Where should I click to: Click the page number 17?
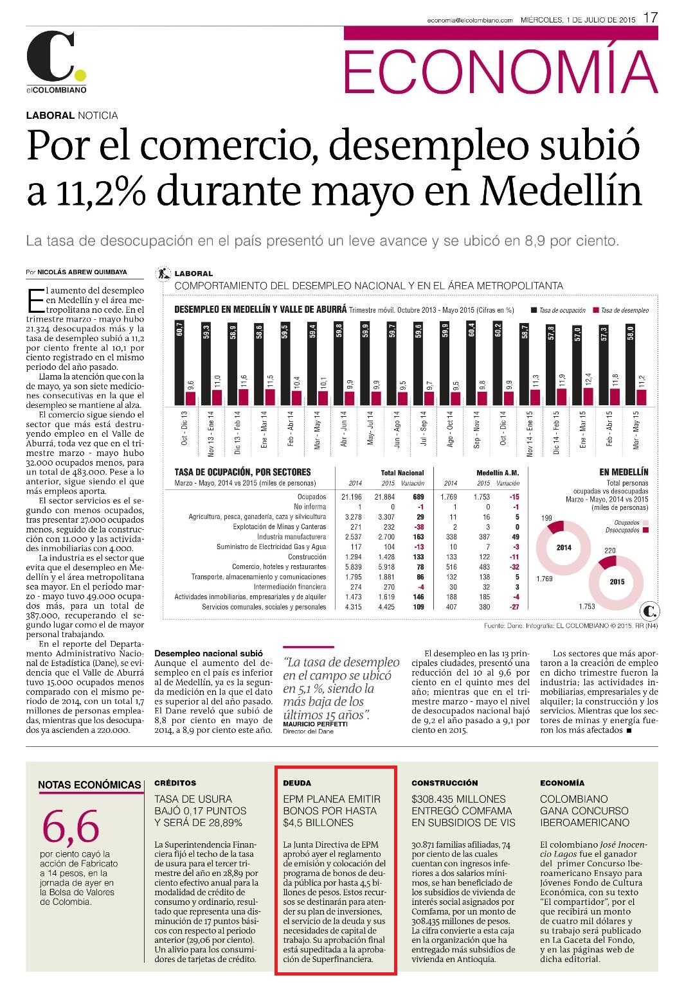650,18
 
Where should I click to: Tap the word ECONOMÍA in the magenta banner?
501,71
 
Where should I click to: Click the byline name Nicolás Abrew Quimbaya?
82,272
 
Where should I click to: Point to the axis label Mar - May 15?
636,430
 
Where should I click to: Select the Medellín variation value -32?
514,566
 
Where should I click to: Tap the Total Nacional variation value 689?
419,497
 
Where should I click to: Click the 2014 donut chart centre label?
564,548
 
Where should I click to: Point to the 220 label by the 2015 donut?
609,550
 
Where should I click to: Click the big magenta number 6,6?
71,827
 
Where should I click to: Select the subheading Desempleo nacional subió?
209,653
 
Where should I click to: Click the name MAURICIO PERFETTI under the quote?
315,724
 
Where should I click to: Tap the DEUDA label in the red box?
297,783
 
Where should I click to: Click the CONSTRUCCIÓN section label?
445,783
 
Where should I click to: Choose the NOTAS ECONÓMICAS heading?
89,785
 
